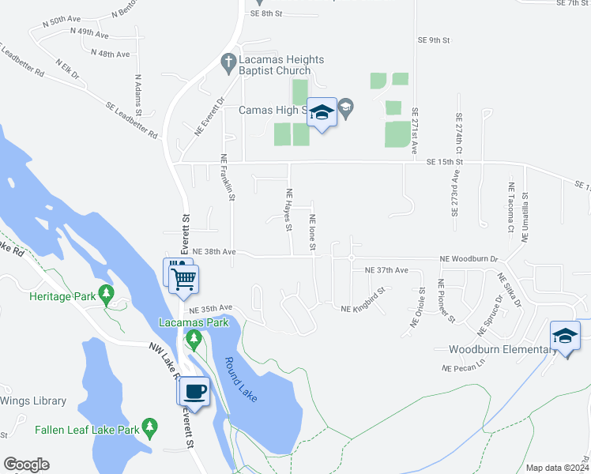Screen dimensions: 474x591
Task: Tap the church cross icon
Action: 228,61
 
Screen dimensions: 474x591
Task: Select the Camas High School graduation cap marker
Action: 322,113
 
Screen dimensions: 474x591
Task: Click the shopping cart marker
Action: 183,278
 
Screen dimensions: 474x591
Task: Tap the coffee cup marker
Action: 194,391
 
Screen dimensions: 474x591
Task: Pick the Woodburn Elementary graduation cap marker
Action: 565,336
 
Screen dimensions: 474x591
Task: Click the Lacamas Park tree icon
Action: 194,340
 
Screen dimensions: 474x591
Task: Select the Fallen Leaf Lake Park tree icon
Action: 149,430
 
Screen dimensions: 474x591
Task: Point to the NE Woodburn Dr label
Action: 469,258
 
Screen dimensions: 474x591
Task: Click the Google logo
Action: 26,465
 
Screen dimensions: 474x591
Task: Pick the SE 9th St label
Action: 434,39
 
